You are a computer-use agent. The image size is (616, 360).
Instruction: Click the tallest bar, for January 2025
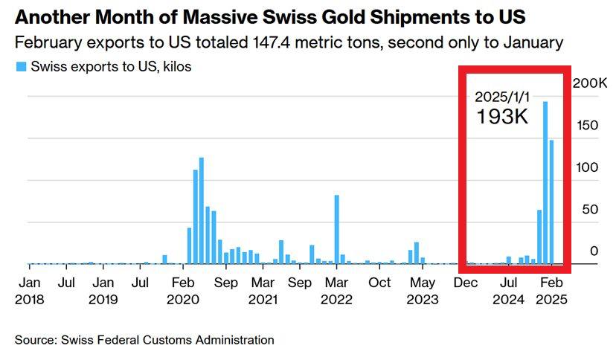(545, 182)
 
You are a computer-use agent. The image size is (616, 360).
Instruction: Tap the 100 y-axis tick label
(588, 167)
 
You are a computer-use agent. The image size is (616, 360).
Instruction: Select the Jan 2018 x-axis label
(29, 291)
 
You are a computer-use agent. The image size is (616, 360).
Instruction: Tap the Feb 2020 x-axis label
(183, 291)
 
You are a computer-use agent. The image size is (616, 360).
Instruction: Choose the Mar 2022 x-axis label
(336, 291)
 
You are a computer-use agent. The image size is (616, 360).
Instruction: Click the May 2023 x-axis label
(423, 291)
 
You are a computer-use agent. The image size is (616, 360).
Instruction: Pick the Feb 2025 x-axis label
(551, 291)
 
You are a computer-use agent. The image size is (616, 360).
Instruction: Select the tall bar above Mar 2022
(336, 229)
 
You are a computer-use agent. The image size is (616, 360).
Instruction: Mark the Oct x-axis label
(380, 283)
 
